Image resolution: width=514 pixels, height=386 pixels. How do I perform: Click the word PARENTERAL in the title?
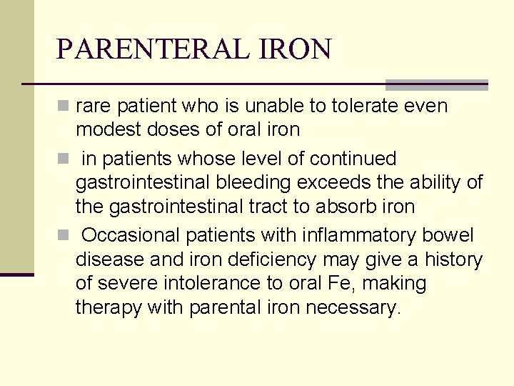149,49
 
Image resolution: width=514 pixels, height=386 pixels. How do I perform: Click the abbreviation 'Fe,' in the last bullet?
346,284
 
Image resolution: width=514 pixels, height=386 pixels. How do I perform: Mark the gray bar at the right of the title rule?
437,84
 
